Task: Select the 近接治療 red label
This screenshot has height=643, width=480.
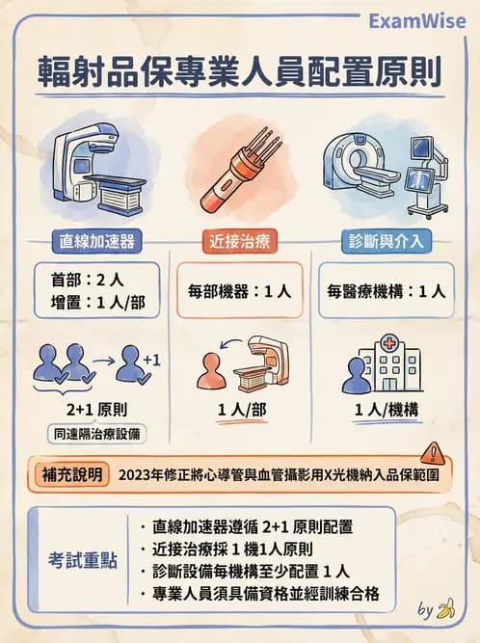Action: [239, 238]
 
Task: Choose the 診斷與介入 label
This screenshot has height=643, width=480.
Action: [385, 238]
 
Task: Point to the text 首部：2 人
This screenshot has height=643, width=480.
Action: [85, 279]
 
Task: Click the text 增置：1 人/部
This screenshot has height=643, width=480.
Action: [96, 301]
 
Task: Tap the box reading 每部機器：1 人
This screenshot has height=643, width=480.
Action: [239, 289]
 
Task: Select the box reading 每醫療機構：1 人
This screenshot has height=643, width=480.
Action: [386, 289]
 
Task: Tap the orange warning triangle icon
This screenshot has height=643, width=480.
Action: [434, 453]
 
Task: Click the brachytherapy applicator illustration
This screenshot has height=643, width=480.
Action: [237, 174]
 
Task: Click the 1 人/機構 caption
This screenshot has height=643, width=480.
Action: [385, 409]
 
